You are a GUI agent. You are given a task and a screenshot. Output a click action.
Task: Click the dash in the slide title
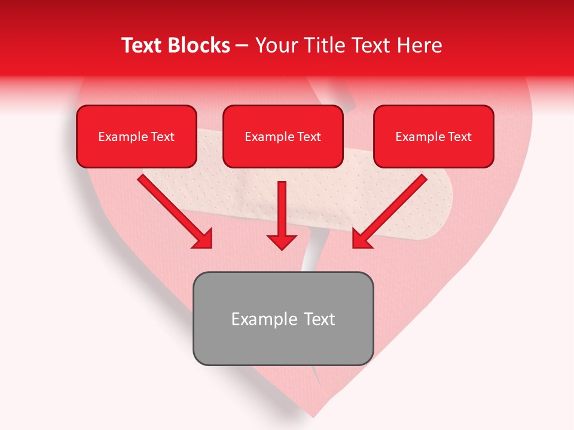point(242,46)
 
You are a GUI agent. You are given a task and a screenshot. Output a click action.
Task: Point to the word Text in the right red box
point(459,137)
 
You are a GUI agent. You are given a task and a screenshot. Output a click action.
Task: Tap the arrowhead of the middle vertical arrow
point(282,241)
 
